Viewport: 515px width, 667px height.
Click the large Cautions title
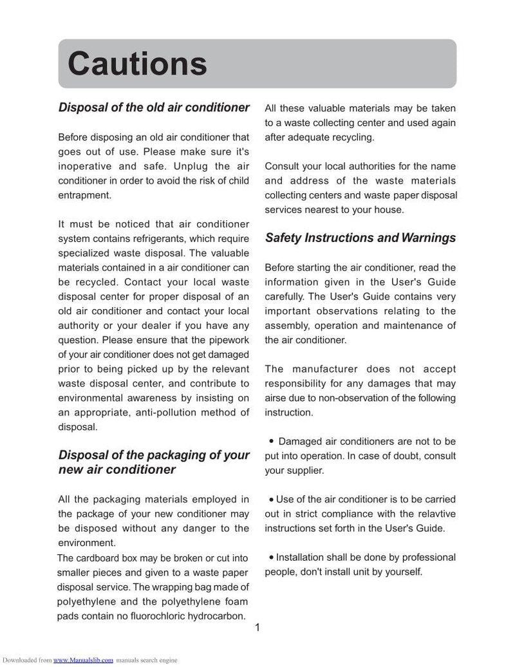(137, 64)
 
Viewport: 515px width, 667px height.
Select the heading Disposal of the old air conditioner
(154, 108)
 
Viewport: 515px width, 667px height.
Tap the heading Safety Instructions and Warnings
(360, 238)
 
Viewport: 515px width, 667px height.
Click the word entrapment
(85, 194)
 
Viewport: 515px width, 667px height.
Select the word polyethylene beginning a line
(86, 602)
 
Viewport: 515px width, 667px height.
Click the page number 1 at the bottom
(257, 629)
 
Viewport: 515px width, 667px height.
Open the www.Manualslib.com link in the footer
(83, 660)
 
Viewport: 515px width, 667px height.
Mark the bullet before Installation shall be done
(271, 557)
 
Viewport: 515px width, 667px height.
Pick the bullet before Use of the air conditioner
(271, 499)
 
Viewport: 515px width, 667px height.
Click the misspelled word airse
(277, 398)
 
